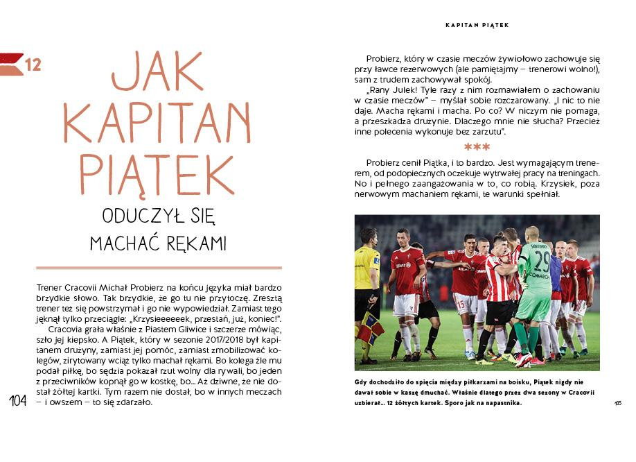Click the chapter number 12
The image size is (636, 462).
[x=33, y=65]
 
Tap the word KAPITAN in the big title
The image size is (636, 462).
[x=157, y=122]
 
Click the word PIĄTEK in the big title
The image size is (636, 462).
[x=157, y=173]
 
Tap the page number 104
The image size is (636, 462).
[x=19, y=401]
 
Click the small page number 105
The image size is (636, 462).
[x=617, y=402]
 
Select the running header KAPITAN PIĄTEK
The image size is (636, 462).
[x=477, y=25]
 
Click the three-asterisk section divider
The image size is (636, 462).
[x=477, y=147]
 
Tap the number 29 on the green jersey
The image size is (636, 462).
[x=541, y=262]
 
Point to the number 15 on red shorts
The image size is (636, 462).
[x=459, y=302]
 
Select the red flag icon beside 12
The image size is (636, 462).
[x=12, y=64]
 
